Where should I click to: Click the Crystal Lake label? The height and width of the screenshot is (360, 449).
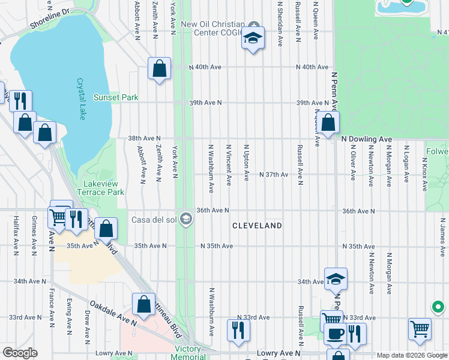[80, 99]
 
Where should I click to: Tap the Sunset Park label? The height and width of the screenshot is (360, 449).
[116, 97]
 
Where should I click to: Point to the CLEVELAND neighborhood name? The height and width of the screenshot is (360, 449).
[258, 226]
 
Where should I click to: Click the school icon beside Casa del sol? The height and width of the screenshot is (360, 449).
[186, 220]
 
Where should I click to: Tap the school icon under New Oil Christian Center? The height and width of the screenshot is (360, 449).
[253, 38]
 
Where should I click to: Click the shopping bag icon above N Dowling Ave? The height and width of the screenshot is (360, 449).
[329, 123]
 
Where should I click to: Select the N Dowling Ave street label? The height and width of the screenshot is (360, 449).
[366, 139]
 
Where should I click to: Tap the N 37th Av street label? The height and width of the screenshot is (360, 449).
[274, 175]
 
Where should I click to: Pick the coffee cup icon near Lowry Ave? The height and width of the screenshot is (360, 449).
[335, 334]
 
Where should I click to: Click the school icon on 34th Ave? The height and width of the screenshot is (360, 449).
[336, 279]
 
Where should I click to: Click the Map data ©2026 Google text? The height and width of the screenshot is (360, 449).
[411, 355]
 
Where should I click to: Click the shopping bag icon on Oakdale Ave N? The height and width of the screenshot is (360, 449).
[144, 304]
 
